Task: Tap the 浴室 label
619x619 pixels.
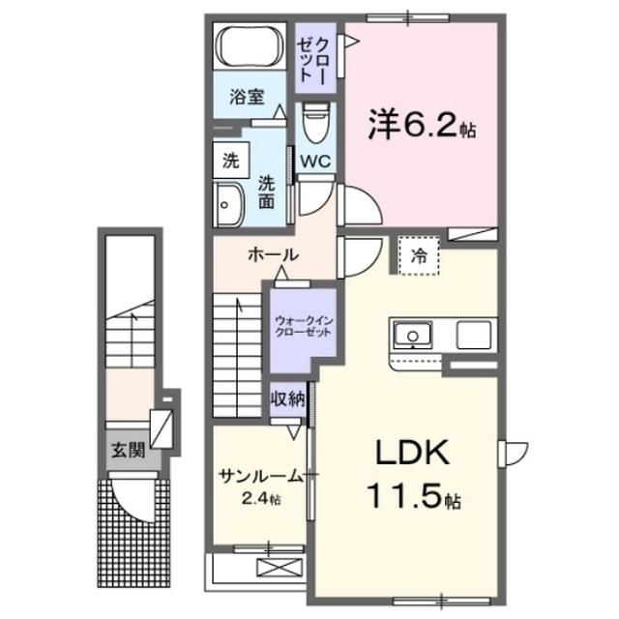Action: click(x=247, y=97)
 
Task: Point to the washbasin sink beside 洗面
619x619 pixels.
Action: click(x=229, y=203)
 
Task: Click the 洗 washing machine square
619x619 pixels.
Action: click(x=230, y=160)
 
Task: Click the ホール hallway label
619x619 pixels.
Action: click(x=273, y=253)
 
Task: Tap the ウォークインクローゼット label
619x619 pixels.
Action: click(x=303, y=326)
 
